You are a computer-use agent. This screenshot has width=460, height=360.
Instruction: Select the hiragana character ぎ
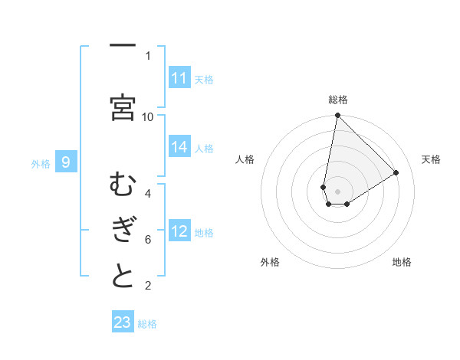tap(123, 231)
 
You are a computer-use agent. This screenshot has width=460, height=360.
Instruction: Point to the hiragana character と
tap(123, 277)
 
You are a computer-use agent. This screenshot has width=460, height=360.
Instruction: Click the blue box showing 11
tap(179, 78)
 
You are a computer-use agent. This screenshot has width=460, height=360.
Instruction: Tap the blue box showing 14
tap(179, 148)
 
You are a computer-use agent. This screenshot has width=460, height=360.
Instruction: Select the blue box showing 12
tap(179, 231)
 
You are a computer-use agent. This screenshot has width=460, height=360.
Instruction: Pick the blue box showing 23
tap(123, 322)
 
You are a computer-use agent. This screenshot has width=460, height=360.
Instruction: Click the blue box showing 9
tap(66, 162)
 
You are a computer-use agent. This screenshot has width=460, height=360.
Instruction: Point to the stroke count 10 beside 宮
tap(148, 116)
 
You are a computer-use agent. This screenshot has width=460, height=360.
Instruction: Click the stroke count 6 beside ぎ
tap(148, 239)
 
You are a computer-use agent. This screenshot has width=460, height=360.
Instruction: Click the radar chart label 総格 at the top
tap(337, 100)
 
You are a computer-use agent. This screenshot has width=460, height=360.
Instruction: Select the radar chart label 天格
tap(431, 159)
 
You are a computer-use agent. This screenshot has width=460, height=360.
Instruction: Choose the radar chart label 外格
tap(270, 262)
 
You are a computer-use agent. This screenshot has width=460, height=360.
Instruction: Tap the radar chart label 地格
tap(402, 262)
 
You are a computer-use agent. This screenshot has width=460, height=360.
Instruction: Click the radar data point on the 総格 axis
tap(337, 116)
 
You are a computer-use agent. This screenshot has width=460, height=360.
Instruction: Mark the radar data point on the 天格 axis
tap(396, 172)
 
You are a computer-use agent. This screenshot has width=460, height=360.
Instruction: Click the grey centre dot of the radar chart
tap(337, 191)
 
